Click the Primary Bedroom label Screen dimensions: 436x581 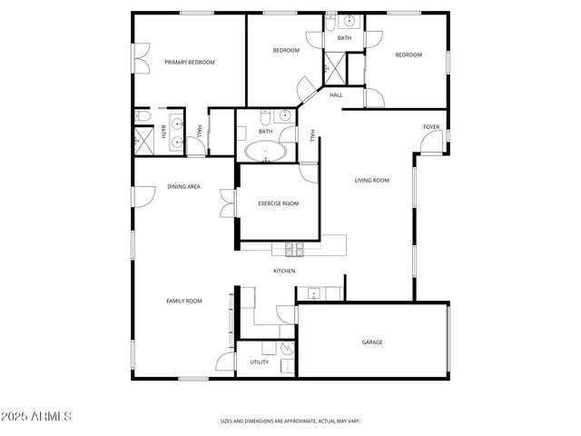[x=189, y=62]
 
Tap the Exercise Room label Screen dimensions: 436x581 [x=278, y=203]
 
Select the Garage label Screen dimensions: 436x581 [x=372, y=342]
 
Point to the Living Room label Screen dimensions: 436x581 [x=371, y=181]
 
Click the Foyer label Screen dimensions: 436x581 [x=431, y=126]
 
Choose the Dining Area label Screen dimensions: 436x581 [x=183, y=187]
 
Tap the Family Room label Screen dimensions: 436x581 [x=183, y=301]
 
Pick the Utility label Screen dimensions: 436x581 [x=259, y=362]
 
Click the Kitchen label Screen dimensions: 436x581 [x=284, y=271]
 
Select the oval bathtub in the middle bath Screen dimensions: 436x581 [x=265, y=151]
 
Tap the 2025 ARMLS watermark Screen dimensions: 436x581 [x=37, y=416]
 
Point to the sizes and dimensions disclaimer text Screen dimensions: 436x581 [x=290, y=421]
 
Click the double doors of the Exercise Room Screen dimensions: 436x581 [x=227, y=203]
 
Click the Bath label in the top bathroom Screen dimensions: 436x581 [x=344, y=38]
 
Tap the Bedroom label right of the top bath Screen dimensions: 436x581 [x=408, y=54]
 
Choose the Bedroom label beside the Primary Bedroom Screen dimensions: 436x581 [x=286, y=51]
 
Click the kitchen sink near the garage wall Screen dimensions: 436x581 [x=313, y=292]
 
